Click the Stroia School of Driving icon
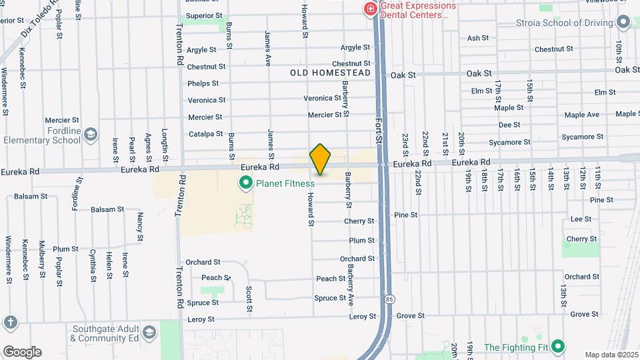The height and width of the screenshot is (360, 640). pos(623,23)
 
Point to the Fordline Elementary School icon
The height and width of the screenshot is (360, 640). pos(91,135)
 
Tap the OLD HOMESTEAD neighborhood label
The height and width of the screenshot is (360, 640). pos(330,73)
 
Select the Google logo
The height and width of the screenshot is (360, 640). pos(22,352)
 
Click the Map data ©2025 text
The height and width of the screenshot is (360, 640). pos(611,355)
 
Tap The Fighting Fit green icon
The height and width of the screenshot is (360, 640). pos(558,347)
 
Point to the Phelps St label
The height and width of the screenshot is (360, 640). pos(203,83)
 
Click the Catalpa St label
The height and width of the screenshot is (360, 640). pos(205,133)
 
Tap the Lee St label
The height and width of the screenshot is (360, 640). pos(581,219)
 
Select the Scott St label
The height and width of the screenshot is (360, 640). pos(249,299)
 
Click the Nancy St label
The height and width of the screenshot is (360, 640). pos(141,226)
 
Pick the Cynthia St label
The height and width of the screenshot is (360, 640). pos(93,263)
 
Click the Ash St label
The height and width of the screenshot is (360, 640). pos(478,38)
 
